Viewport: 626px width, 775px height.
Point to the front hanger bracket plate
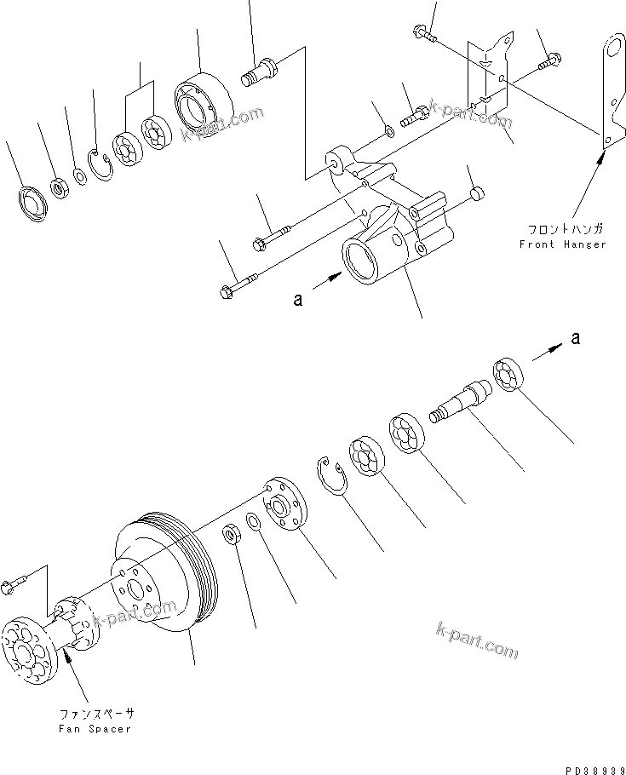[607, 94]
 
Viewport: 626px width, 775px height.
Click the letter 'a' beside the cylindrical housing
[297, 299]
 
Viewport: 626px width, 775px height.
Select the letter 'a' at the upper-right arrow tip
[577, 338]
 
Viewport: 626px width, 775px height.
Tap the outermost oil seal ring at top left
[33, 201]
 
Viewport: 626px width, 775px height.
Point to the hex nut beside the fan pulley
[231, 534]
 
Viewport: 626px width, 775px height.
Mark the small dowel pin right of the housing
[477, 192]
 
